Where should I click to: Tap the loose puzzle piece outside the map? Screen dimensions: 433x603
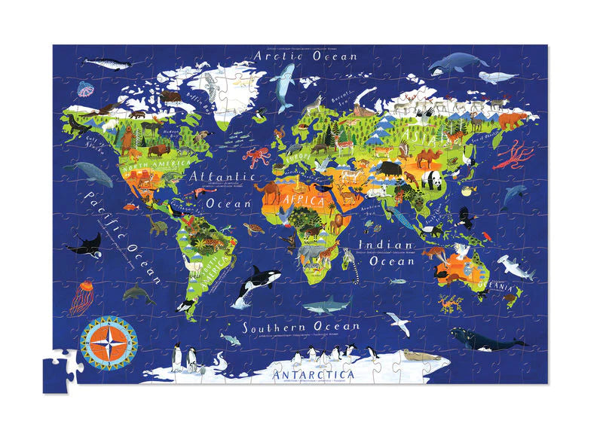[60, 370]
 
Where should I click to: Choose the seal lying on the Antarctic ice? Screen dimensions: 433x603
[413, 355]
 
